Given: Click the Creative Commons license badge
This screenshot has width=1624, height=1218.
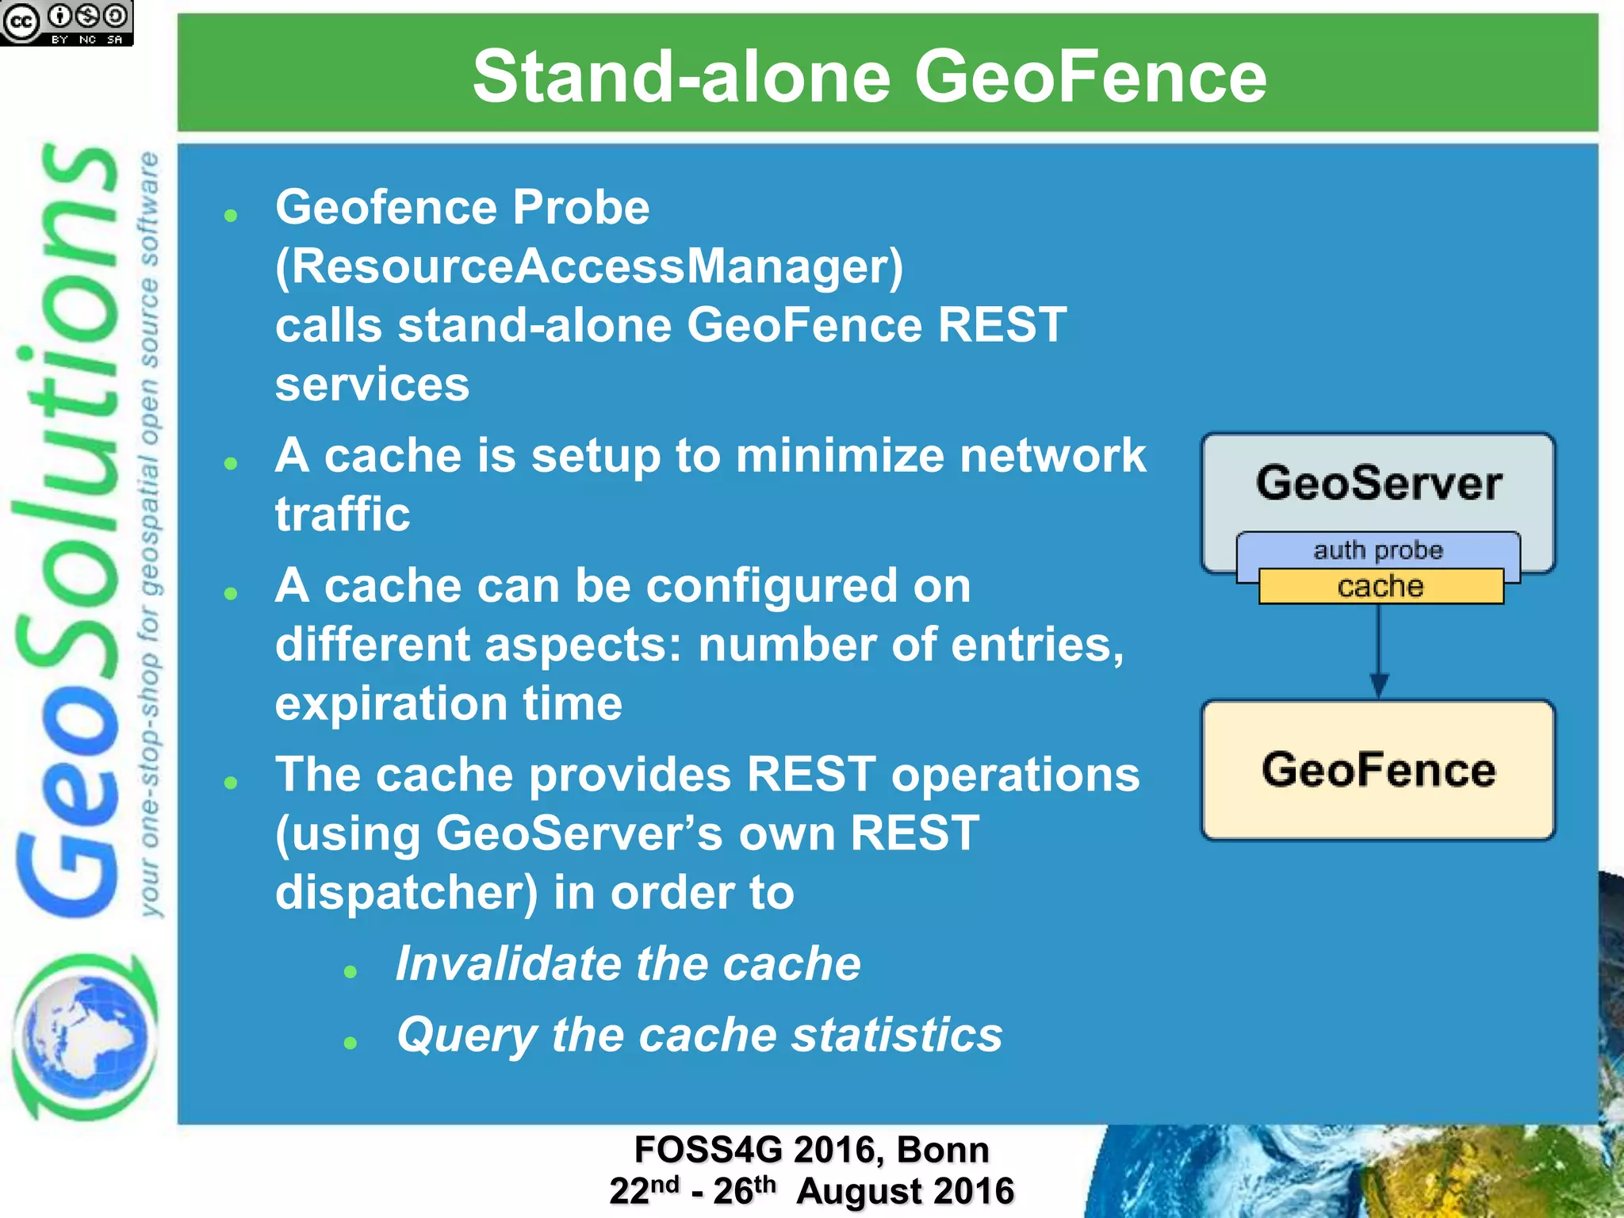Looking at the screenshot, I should [x=67, y=22].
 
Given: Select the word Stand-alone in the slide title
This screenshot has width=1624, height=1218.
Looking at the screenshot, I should [x=681, y=77].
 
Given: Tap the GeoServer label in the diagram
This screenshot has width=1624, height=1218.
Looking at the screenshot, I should [x=1378, y=483].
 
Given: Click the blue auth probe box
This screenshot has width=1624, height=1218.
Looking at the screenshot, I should [x=1378, y=550].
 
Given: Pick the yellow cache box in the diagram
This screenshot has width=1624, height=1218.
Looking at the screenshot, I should [x=1381, y=587].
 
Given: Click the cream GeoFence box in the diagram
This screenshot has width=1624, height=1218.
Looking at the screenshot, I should [x=1378, y=769].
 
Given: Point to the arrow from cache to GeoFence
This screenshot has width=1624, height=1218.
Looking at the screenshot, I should [x=1379, y=650].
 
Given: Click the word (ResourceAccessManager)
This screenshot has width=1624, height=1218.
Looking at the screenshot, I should [x=589, y=266].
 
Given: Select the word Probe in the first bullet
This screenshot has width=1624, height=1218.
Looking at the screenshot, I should [x=580, y=208].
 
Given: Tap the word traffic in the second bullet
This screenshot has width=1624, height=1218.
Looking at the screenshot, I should [x=343, y=515].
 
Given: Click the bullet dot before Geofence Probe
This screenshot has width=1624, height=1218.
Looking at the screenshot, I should [x=231, y=216].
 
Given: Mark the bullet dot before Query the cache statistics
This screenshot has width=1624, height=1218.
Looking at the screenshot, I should [x=350, y=1043].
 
